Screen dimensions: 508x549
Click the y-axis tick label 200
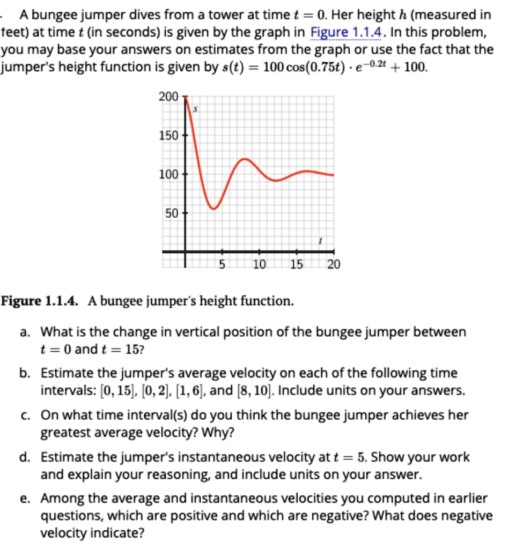pyautogui.click(x=168, y=97)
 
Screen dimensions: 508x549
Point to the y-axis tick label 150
pyautogui.click(x=168, y=135)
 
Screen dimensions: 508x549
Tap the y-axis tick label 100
pyautogui.click(x=168, y=174)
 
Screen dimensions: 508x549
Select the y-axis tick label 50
pyautogui.click(x=171, y=212)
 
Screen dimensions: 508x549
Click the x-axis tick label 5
pyautogui.click(x=221, y=264)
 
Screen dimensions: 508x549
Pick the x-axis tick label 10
pyautogui.click(x=259, y=264)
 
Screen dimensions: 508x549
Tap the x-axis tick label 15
pyautogui.click(x=296, y=264)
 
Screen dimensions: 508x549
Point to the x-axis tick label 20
pyautogui.click(x=333, y=264)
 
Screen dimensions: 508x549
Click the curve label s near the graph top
pyautogui.click(x=196, y=109)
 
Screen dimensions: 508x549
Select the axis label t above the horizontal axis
pyautogui.click(x=320, y=242)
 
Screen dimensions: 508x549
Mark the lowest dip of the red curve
pyautogui.click(x=213, y=209)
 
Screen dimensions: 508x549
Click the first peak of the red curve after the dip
pyautogui.click(x=245, y=159)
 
